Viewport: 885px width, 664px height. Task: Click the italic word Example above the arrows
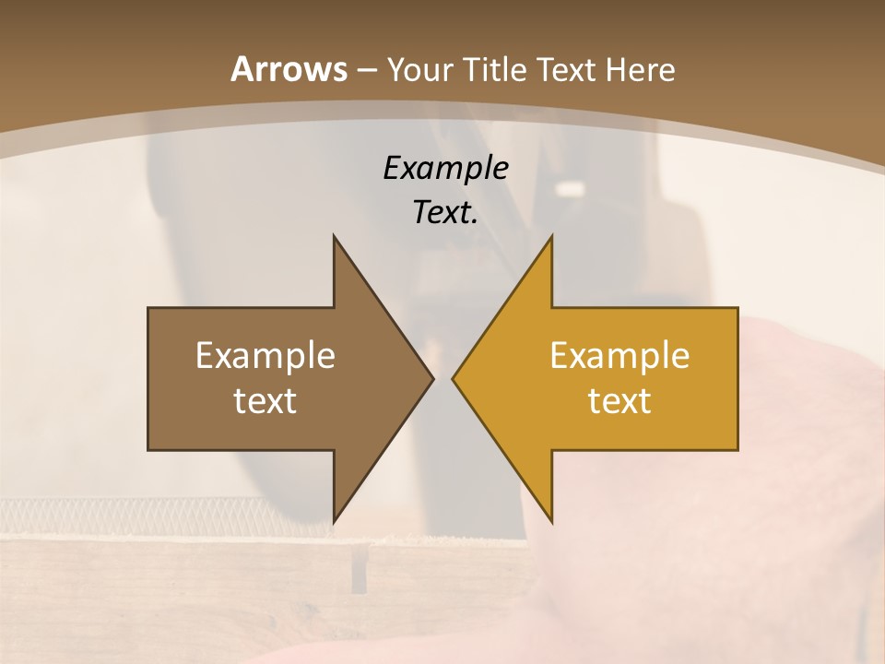[x=445, y=168]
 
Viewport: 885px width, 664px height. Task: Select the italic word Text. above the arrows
[x=445, y=213]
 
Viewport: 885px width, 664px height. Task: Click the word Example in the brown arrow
[x=265, y=356]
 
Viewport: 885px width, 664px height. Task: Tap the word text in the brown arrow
[x=265, y=401]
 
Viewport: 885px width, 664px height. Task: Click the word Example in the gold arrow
[x=619, y=356]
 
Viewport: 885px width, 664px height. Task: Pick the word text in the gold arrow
[x=619, y=401]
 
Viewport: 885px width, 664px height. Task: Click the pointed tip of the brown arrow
[x=431, y=378]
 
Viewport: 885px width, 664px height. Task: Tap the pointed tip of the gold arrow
[x=454, y=378]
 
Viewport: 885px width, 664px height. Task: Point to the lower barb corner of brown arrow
[x=335, y=520]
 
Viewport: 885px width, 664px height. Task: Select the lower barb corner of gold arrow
[x=550, y=520]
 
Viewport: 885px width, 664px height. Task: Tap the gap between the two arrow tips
[x=442, y=378]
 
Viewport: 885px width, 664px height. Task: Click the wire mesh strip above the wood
[x=138, y=512]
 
